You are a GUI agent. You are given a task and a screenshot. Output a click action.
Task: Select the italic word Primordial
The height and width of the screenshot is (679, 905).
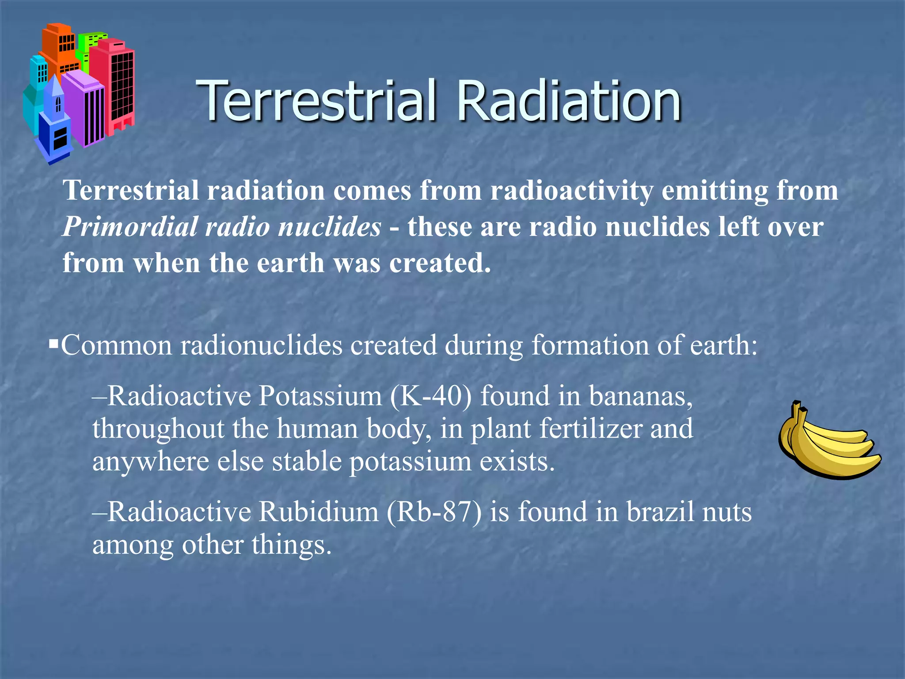130,227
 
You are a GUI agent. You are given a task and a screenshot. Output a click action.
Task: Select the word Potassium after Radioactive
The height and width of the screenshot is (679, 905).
320,396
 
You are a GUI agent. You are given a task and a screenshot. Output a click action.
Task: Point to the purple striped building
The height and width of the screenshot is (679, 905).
84,108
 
